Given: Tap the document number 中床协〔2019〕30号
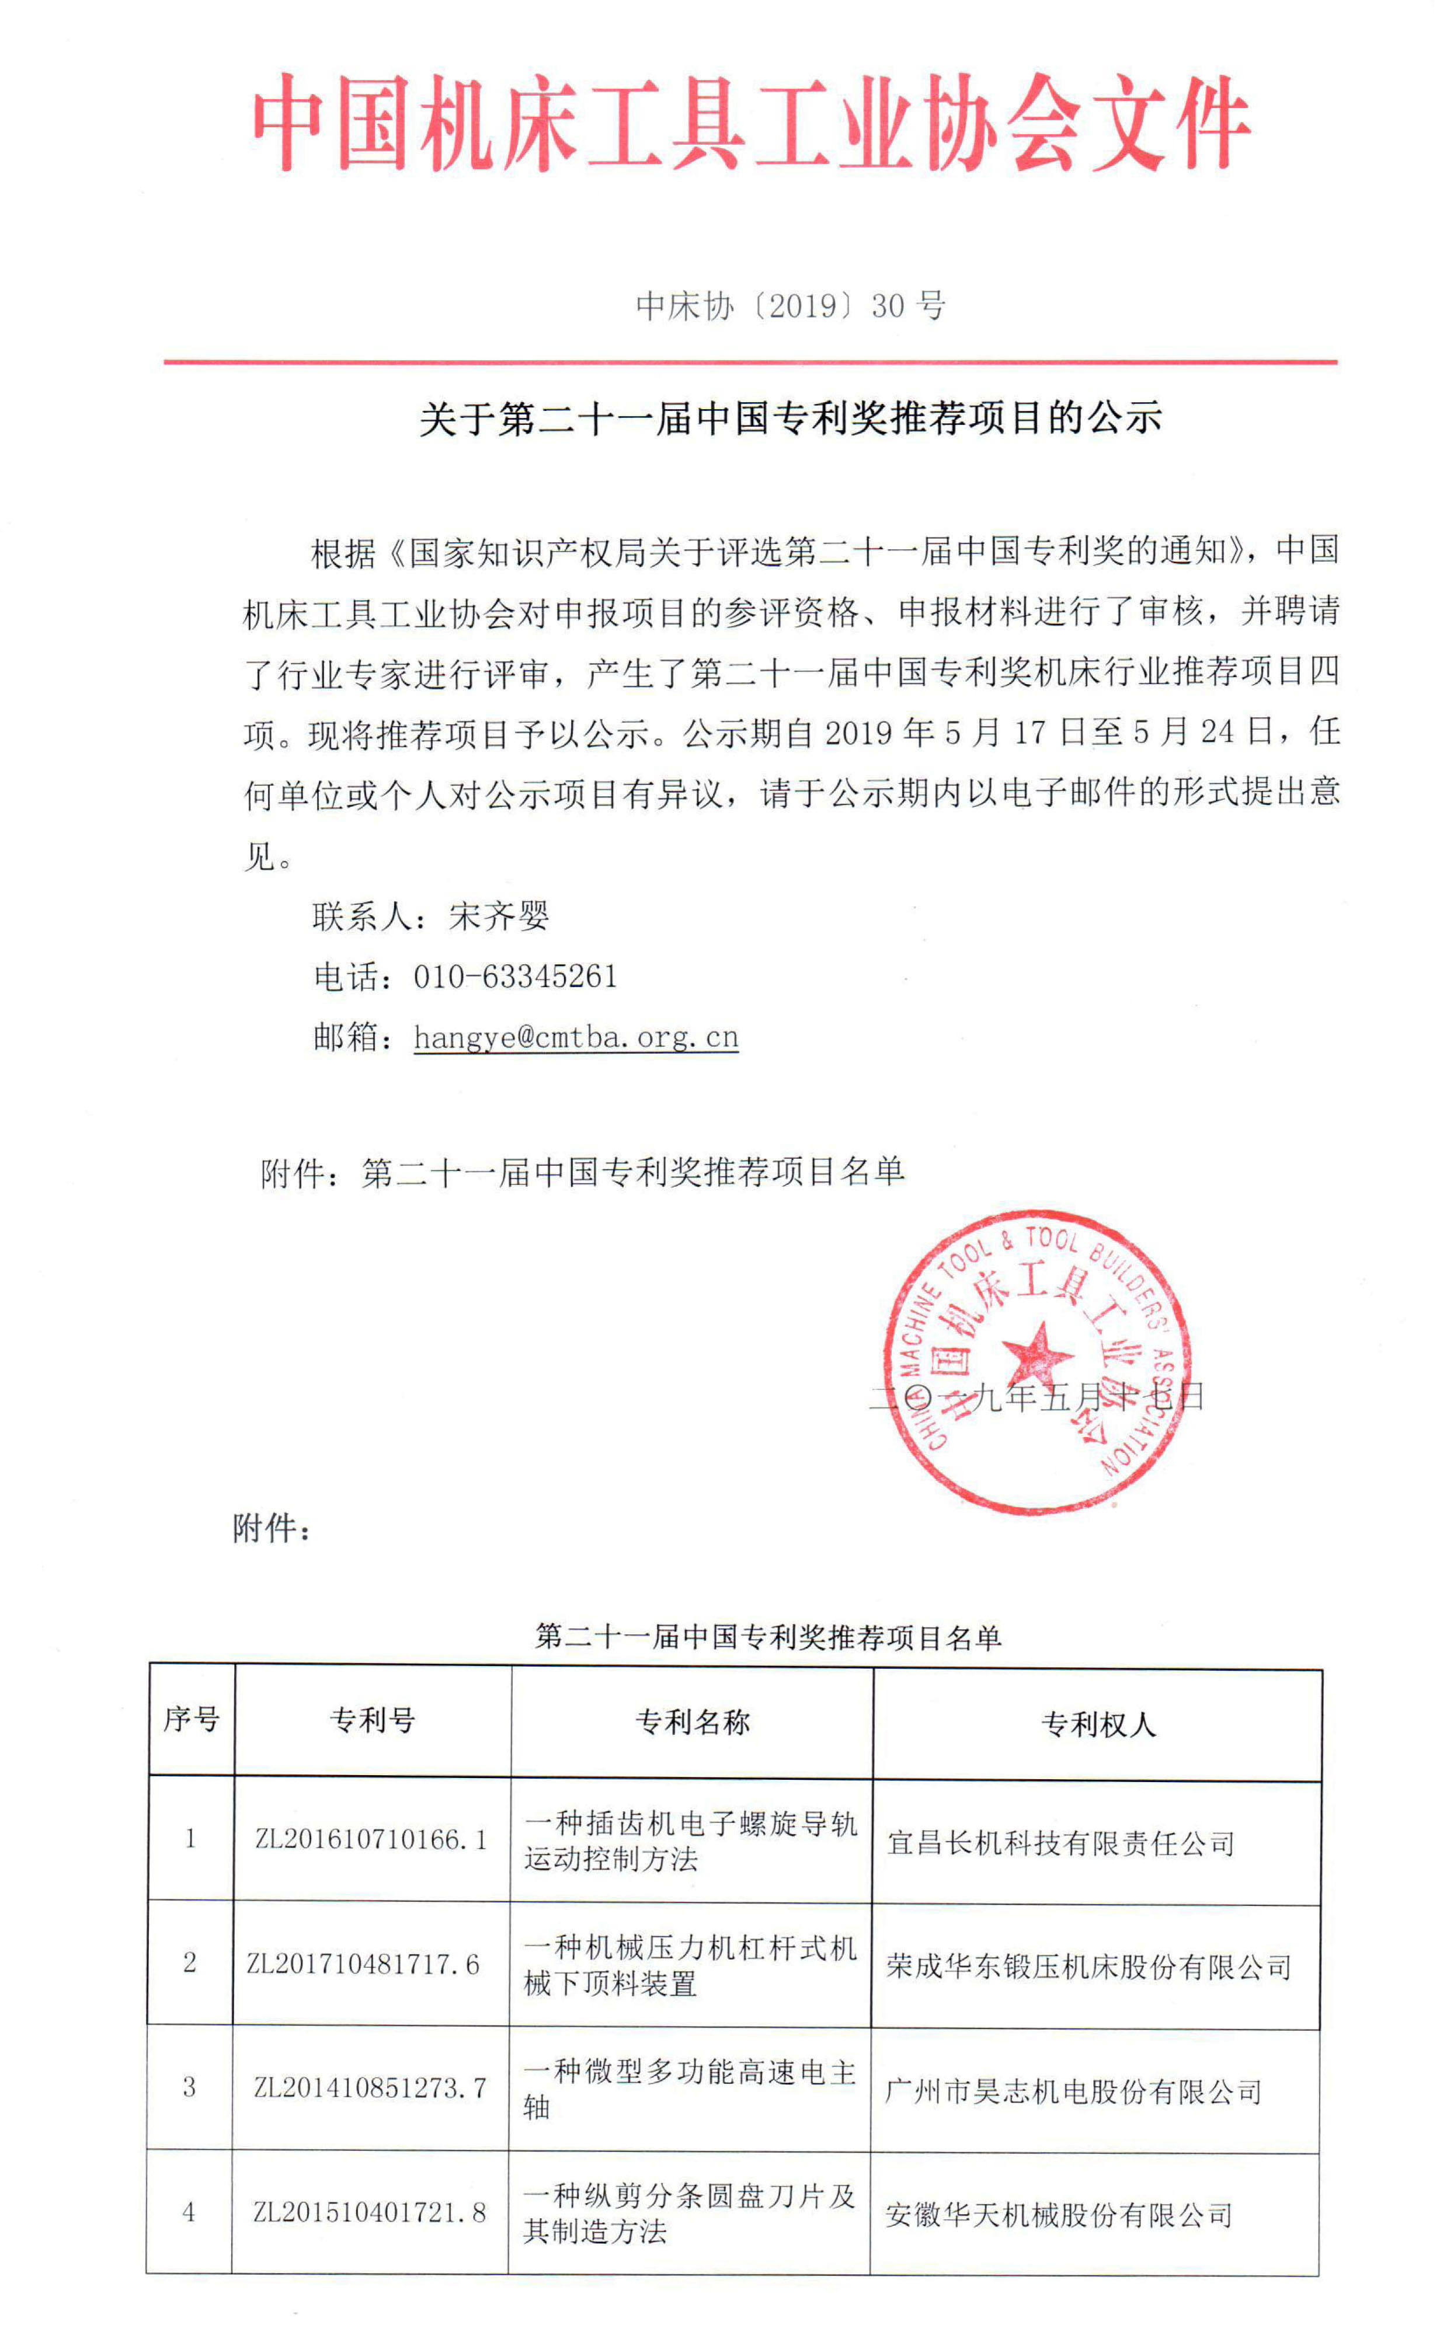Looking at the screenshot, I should (x=791, y=306).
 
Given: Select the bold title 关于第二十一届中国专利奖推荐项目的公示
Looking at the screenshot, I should (x=791, y=419).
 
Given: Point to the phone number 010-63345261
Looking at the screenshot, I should (x=515, y=977).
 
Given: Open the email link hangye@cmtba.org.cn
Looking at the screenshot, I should (x=576, y=1037).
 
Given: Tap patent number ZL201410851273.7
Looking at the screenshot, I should (x=370, y=2087).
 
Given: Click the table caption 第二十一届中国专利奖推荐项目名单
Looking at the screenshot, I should (x=768, y=1636).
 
